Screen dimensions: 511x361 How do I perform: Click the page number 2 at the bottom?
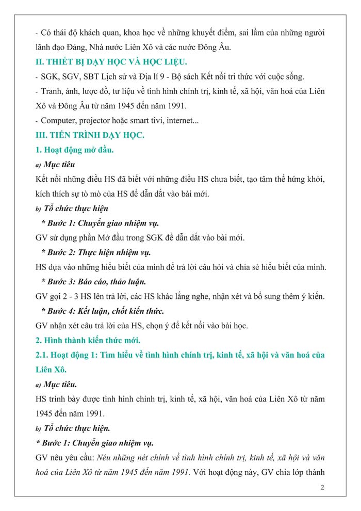(x=322, y=487)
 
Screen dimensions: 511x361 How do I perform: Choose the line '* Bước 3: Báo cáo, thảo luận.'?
(x=93, y=282)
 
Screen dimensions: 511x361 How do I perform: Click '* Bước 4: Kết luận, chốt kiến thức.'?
(x=103, y=311)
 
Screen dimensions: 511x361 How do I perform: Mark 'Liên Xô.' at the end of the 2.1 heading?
(x=51, y=370)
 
